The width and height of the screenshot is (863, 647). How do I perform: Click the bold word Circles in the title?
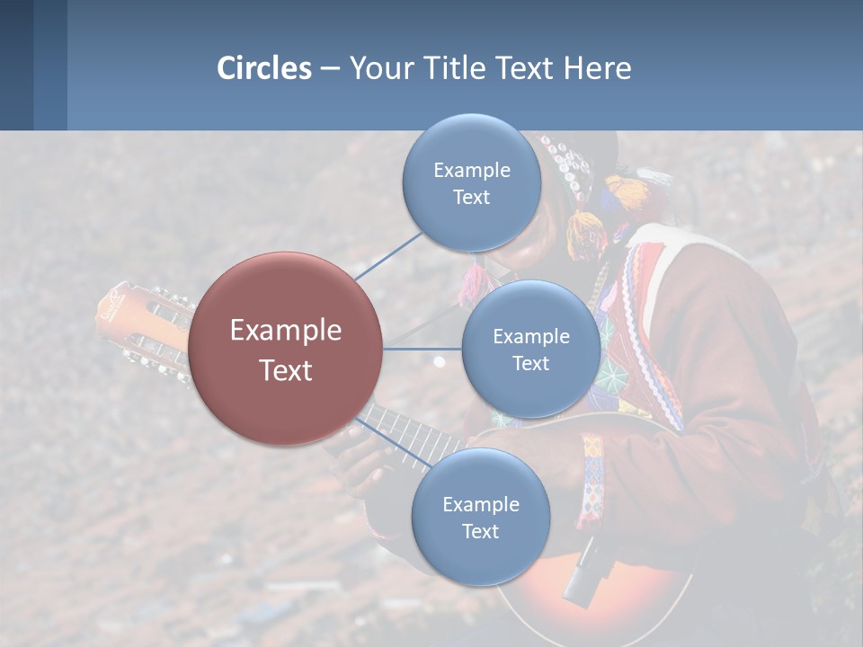pyautogui.click(x=263, y=68)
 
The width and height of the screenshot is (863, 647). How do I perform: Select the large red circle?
pyautogui.click(x=286, y=349)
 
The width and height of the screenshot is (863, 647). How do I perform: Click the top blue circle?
pyautogui.click(x=471, y=183)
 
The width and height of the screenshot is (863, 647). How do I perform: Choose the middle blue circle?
pyautogui.click(x=531, y=349)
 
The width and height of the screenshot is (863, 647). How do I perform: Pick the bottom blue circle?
pyautogui.click(x=480, y=517)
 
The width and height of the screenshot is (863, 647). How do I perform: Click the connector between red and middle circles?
pyautogui.click(x=422, y=349)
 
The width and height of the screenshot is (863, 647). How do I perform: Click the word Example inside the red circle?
pyautogui.click(x=286, y=331)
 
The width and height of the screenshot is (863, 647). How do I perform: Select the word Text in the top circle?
pyautogui.click(x=471, y=198)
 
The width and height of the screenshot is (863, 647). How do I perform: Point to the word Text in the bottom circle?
pyautogui.click(x=480, y=531)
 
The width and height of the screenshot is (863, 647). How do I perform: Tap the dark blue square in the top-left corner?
pyautogui.click(x=16, y=65)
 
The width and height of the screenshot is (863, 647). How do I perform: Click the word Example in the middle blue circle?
pyautogui.click(x=531, y=336)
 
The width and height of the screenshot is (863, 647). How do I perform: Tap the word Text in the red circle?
pyautogui.click(x=286, y=370)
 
